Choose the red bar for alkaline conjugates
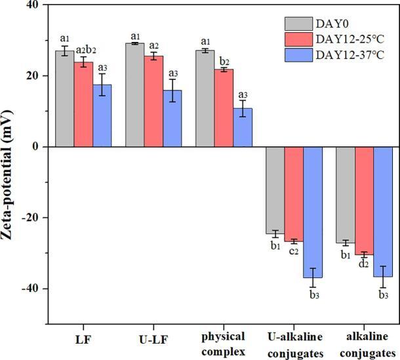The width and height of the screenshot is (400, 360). tap(365, 201)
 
